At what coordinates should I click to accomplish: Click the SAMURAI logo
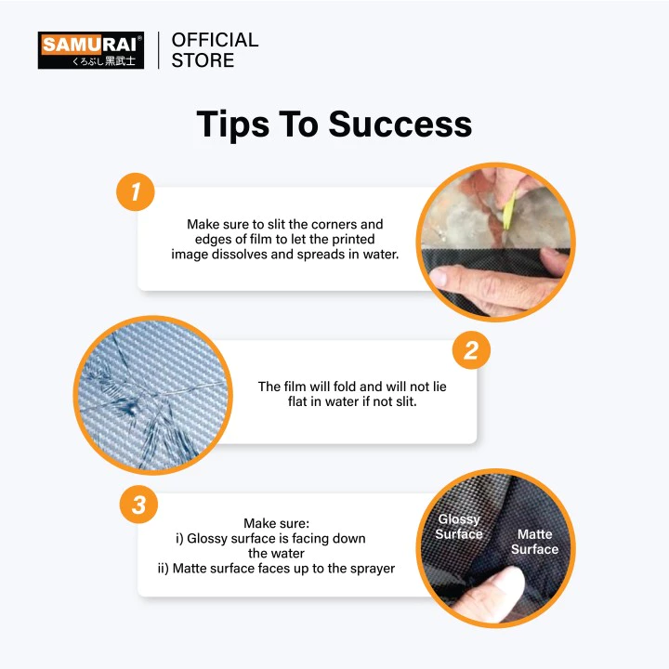(x=91, y=50)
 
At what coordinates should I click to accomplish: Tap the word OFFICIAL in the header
(x=215, y=40)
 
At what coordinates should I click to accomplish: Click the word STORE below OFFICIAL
(x=203, y=60)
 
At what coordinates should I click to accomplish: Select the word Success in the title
(x=400, y=124)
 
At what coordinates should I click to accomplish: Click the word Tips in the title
(x=232, y=125)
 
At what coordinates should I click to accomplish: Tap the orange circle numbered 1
(x=136, y=191)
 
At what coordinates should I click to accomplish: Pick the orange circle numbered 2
(x=471, y=350)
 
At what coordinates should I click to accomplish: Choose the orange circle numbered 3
(x=138, y=504)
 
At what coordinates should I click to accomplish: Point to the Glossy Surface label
(x=459, y=527)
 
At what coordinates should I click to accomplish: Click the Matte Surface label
(x=534, y=542)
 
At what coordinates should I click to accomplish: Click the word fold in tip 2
(x=345, y=387)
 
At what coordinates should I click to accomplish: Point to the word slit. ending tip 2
(x=404, y=401)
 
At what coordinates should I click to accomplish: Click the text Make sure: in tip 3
(x=277, y=523)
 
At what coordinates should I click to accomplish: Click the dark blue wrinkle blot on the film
(x=129, y=408)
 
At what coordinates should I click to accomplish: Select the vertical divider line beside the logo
(x=158, y=50)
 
